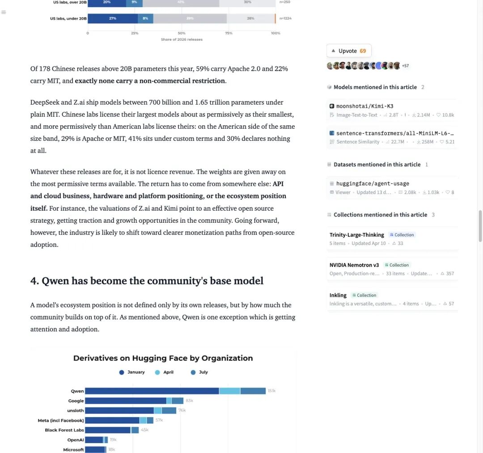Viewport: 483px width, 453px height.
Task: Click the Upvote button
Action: coord(349,51)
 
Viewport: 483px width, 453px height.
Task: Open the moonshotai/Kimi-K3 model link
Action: coord(364,106)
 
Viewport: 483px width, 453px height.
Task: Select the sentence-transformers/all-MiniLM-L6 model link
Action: coord(394,133)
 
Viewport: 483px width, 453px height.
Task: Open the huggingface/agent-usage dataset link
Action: coord(373,183)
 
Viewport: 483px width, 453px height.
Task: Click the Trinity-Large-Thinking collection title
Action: coord(357,235)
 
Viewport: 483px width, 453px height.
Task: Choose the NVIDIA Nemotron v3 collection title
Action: coord(354,265)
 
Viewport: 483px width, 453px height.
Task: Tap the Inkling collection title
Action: coord(338,295)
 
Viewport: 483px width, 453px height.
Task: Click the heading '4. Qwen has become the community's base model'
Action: coord(147,281)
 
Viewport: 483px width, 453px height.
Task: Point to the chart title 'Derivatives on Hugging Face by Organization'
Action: coord(163,358)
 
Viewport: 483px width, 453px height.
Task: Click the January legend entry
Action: coord(132,373)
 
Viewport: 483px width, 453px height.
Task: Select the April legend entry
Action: coord(164,373)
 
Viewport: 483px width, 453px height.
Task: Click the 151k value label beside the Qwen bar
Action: coord(271,391)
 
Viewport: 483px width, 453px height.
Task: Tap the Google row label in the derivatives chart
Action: coord(76,401)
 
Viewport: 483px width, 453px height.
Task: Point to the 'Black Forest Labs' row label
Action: coord(64,430)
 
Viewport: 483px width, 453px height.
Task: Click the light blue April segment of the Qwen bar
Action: coord(229,391)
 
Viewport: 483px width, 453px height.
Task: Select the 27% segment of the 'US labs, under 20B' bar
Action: coord(113,18)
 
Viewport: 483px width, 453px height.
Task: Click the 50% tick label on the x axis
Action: coord(182,33)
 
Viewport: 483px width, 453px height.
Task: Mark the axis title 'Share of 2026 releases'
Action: coord(182,39)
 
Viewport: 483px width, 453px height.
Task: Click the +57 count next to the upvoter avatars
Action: coord(405,66)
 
